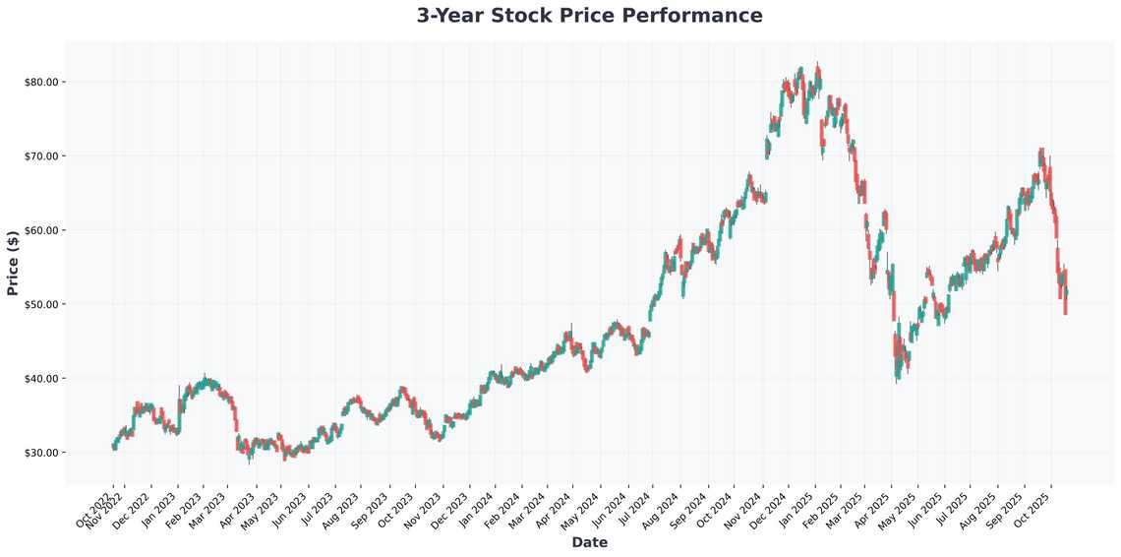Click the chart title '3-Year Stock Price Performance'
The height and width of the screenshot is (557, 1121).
(589, 16)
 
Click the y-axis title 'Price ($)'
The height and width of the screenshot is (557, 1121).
(13, 263)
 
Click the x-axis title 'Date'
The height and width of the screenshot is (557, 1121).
(589, 542)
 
